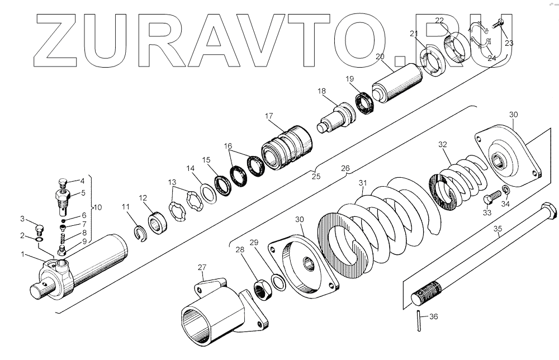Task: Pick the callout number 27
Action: coord(202,267)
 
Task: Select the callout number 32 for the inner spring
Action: coord(442,144)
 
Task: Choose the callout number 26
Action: coord(345,167)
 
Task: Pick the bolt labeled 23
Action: coord(499,24)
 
